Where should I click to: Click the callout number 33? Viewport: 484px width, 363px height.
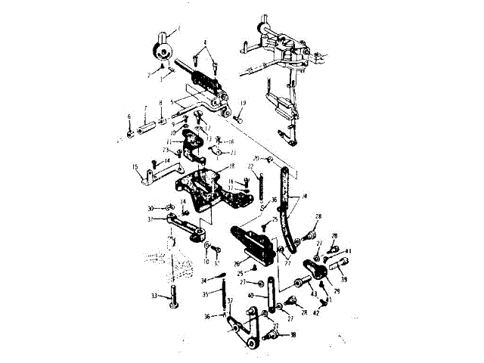[154, 296]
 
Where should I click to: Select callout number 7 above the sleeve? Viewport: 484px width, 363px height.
[145, 108]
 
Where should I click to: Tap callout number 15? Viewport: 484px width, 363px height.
[134, 167]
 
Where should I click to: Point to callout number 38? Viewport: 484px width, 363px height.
[293, 334]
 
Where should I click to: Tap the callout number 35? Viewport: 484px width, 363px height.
[205, 294]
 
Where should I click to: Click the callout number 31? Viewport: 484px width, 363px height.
[151, 219]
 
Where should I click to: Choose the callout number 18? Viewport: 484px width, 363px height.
[232, 166]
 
